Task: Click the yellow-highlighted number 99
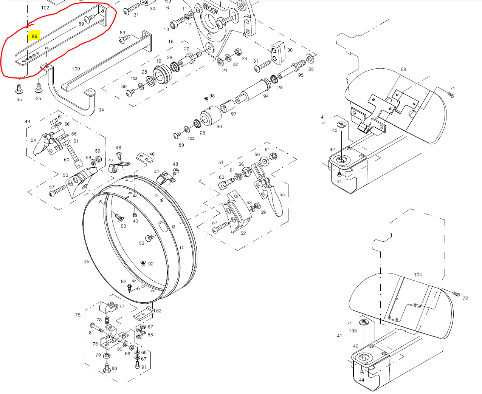click(x=34, y=36)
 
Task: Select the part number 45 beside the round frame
click(x=87, y=261)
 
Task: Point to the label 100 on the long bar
click(x=76, y=69)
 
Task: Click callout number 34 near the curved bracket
click(x=101, y=110)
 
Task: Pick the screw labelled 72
click(x=456, y=294)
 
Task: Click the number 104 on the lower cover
click(x=418, y=275)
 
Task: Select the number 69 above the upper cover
click(x=403, y=69)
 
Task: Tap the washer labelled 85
click(x=310, y=58)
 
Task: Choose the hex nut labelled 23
click(x=238, y=51)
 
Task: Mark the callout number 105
click(x=353, y=331)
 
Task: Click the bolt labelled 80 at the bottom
click(x=107, y=367)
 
